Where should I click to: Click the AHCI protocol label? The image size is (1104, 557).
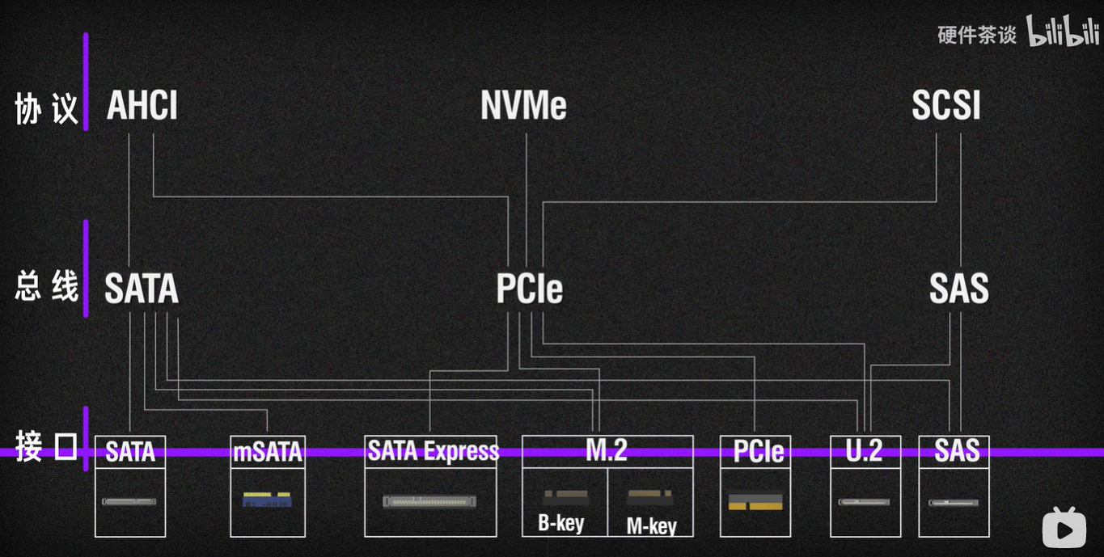point(142,106)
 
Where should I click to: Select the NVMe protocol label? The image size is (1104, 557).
point(524,106)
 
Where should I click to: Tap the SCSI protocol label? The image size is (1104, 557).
point(946,106)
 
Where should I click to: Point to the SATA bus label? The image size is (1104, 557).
point(142,289)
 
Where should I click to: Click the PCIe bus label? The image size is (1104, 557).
point(530,289)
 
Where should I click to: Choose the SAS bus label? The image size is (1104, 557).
point(959,289)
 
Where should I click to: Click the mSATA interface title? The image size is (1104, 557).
point(268,451)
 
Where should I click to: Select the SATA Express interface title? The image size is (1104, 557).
point(433,450)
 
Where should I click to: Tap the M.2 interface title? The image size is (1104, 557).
point(607,450)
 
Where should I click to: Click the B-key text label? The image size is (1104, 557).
point(561,523)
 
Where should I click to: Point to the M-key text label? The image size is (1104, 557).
point(651,525)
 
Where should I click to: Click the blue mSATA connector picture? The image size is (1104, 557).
point(267,500)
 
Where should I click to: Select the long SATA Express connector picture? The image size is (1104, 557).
point(429,501)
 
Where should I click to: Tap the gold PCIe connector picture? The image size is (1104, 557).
point(755,501)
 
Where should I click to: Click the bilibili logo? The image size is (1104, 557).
point(1063,32)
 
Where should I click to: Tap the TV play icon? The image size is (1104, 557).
point(1064,527)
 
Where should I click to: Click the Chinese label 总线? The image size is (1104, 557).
point(47,287)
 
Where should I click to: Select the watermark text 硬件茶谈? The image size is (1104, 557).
point(977,35)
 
